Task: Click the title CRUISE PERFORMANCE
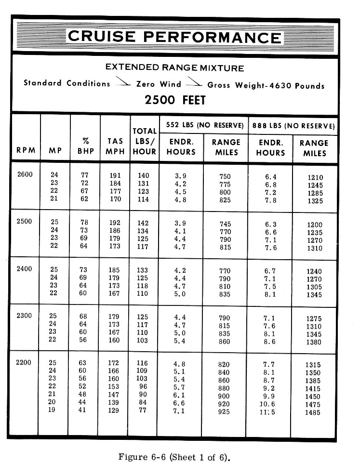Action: pyautogui.click(x=175, y=37)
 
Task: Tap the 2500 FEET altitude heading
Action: pyautogui.click(x=175, y=100)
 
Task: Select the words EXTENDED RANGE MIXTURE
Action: pyautogui.click(x=174, y=68)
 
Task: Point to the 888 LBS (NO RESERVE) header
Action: pyautogui.click(x=293, y=126)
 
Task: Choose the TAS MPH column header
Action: pyautogui.click(x=115, y=147)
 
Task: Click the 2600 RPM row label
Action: pyautogui.click(x=25, y=174)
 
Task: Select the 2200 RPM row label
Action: pyautogui.click(x=25, y=362)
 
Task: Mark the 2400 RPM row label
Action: pyautogui.click(x=25, y=268)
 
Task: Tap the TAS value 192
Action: pyautogui.click(x=115, y=224)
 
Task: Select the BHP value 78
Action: pyautogui.click(x=85, y=224)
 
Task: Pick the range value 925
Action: pyautogui.click(x=225, y=412)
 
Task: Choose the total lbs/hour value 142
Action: pyautogui.click(x=143, y=224)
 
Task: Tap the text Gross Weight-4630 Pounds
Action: pyautogui.click(x=266, y=85)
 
